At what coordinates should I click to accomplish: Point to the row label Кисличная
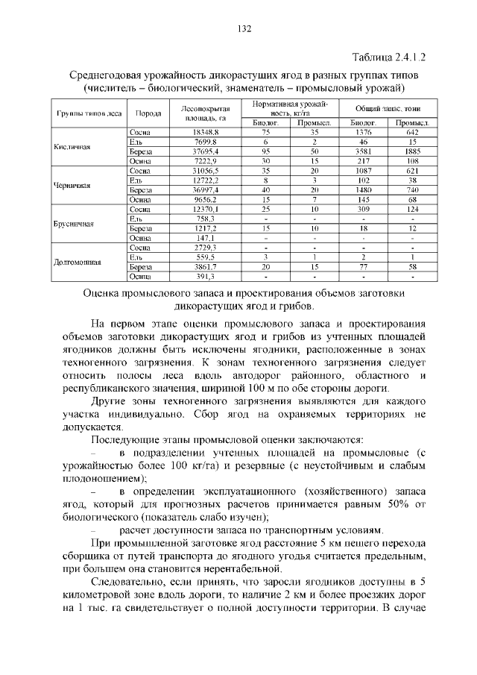pos(73,147)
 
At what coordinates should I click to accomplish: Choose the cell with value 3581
pos(363,151)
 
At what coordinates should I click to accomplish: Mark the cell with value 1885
pos(411,151)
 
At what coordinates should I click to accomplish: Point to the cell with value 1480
pos(363,190)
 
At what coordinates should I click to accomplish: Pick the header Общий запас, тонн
pos(387,108)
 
